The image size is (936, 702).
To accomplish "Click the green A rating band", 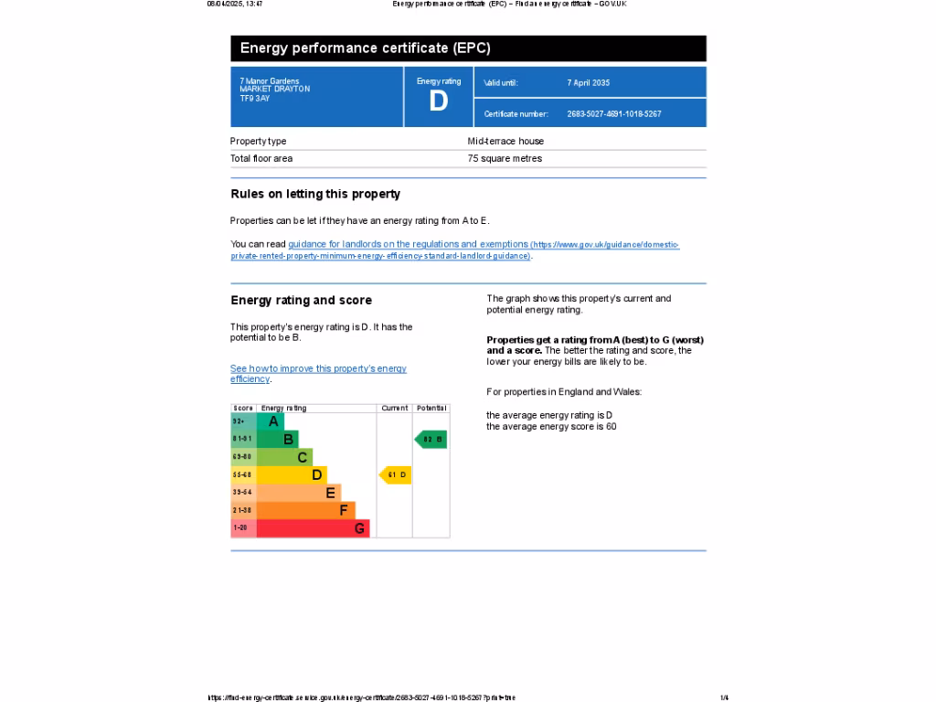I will point(271,421).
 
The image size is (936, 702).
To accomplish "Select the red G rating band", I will point(313,528).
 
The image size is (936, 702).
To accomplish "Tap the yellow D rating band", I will point(292,474).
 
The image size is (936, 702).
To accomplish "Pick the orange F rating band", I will point(305,510).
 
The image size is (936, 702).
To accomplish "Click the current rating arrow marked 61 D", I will point(396,474).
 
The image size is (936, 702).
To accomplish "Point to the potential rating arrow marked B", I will point(431,440).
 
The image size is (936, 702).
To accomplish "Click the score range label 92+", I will point(239,421).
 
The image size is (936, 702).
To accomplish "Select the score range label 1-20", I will point(240,528).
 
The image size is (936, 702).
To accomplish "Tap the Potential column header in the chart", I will point(431,408).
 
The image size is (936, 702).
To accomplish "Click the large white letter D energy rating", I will point(439,101).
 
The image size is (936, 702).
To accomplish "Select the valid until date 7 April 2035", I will point(588,83).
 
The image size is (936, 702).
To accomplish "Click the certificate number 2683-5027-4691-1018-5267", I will point(613,114).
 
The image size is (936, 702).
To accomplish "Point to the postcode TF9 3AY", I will point(255,98).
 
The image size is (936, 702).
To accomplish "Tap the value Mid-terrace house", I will point(505,142).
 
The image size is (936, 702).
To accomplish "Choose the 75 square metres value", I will point(505,159).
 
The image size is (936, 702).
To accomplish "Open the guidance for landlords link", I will point(408,245).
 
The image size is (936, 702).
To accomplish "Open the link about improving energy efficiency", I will point(318,369).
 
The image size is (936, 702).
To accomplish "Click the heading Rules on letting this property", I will point(315,194).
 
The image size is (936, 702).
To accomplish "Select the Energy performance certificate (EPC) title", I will point(365,48).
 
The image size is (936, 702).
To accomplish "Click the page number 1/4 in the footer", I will point(724,697).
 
